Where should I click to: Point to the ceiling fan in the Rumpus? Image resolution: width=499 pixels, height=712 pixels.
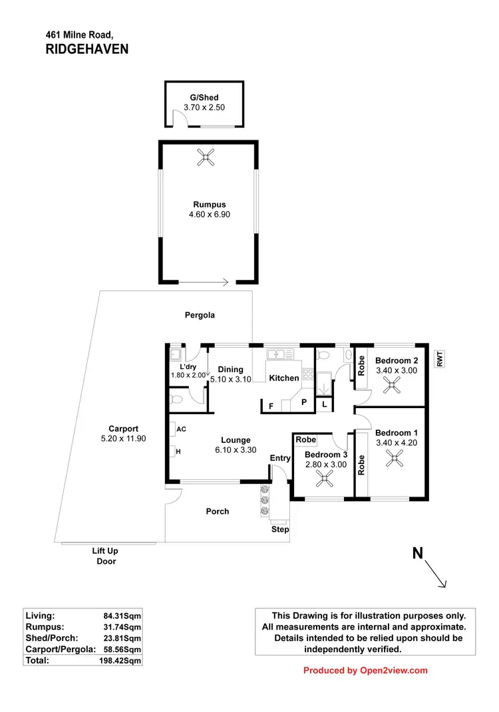coord(206,158)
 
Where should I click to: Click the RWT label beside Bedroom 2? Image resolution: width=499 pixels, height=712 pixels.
coord(439,358)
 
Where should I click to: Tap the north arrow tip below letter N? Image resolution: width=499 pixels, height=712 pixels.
coord(444,586)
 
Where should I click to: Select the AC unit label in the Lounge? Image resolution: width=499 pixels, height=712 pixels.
coord(181,429)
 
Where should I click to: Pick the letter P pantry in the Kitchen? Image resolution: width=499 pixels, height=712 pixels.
coord(304,402)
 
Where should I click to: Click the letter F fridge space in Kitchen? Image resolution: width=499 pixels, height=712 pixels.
coord(271,406)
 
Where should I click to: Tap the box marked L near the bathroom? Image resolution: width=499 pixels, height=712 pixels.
coord(324,404)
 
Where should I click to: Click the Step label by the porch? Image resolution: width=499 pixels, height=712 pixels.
coord(280,529)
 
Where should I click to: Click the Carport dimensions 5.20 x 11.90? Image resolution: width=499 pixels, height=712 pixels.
coord(122,439)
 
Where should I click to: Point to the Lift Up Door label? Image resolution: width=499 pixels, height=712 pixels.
coord(106,556)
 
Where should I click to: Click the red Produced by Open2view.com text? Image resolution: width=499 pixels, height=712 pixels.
coord(365,671)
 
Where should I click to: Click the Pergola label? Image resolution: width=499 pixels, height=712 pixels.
coord(200,315)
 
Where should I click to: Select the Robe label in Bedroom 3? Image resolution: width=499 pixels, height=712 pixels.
coord(306,439)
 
